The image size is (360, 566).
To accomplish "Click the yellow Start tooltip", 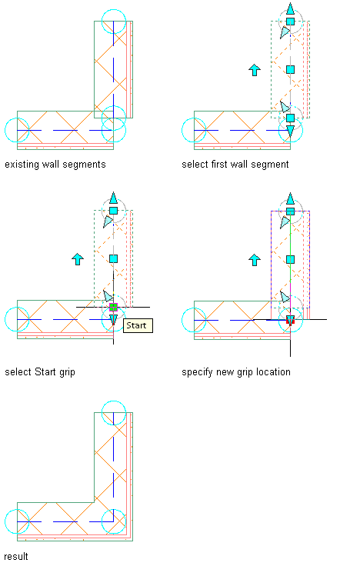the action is [138, 325].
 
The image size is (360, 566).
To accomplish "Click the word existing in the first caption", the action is [22, 165].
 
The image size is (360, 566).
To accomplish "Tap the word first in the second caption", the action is [218, 165].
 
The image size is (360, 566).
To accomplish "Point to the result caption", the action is [16, 556].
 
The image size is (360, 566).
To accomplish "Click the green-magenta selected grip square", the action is [113, 307].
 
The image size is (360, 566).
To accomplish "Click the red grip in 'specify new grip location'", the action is [290, 320].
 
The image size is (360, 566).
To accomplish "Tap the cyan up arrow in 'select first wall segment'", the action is [255, 70].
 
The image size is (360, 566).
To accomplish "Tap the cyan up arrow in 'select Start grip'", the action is [78, 259].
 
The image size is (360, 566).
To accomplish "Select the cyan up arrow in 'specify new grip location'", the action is [255, 260].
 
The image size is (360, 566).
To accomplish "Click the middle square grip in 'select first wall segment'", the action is [290, 69].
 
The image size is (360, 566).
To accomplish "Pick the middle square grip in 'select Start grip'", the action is [113, 259].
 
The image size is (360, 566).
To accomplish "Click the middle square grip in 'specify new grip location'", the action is [290, 259].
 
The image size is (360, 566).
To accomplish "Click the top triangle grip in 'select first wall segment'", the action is [290, 8].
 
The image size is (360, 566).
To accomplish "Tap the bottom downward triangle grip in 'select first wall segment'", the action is [290, 131].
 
